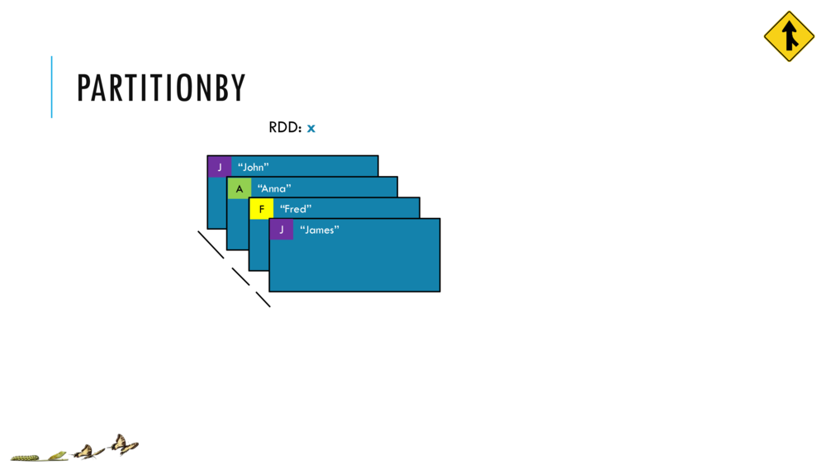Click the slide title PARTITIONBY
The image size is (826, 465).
click(x=161, y=88)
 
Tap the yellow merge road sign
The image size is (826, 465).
click(x=789, y=36)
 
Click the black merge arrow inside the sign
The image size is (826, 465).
click(x=790, y=37)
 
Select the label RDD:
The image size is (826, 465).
click(x=285, y=128)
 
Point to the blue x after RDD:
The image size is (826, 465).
click(x=311, y=128)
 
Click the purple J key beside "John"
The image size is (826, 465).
click(x=220, y=167)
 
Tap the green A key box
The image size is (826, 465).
click(x=240, y=188)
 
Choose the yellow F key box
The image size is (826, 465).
click(x=262, y=209)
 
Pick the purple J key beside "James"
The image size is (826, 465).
click(x=282, y=230)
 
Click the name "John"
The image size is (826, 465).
click(x=254, y=168)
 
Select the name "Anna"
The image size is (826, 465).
click(x=274, y=188)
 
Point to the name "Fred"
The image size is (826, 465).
click(x=296, y=209)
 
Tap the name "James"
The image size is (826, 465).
click(x=320, y=230)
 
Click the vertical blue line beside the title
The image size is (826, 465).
click(x=51, y=87)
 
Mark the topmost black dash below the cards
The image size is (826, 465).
click(x=211, y=244)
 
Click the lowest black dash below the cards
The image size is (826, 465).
click(x=263, y=299)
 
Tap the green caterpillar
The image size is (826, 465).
click(x=25, y=456)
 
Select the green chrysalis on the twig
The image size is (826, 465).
click(x=58, y=454)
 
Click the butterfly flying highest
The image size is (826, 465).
click(x=123, y=444)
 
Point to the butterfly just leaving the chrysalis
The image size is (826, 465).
click(x=84, y=451)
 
